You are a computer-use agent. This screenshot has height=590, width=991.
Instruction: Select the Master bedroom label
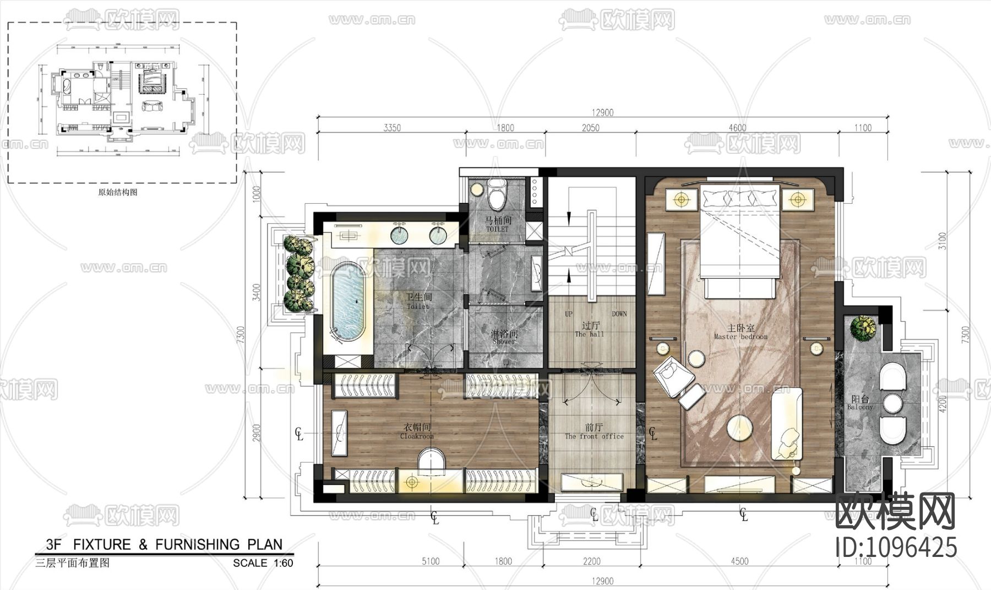[740, 332]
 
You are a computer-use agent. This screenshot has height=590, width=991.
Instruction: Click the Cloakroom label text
[417, 431]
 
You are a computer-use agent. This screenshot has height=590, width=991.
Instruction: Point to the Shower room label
[504, 337]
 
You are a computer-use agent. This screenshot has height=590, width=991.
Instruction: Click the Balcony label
[860, 403]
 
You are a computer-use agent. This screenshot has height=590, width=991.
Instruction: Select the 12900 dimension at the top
[602, 113]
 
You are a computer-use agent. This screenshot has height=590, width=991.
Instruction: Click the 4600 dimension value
[737, 128]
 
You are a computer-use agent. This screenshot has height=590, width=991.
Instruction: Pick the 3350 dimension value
[392, 128]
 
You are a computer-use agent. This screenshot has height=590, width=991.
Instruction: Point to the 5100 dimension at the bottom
[431, 561]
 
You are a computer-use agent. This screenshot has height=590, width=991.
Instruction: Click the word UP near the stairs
[569, 314]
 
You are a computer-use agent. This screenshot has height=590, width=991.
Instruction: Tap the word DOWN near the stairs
[619, 314]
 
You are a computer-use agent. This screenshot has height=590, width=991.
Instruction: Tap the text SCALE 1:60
[263, 563]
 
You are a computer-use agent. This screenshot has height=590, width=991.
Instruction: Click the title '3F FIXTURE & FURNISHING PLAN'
[164, 545]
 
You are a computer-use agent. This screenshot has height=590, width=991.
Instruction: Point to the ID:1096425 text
[896, 548]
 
